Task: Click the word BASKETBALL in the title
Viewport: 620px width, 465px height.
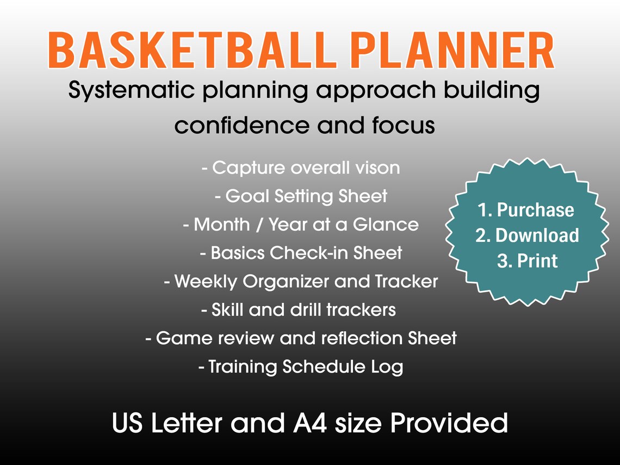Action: (x=188, y=51)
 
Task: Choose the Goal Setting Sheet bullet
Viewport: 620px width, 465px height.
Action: (x=301, y=196)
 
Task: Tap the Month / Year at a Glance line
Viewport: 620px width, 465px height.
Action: (x=301, y=224)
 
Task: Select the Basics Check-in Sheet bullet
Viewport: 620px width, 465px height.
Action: (x=301, y=253)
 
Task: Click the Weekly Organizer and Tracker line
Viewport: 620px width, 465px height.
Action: (x=301, y=281)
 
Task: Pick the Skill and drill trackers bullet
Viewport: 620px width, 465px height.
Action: (x=298, y=309)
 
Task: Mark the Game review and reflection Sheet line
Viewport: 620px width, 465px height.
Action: (x=301, y=338)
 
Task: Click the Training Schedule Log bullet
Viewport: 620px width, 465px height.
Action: (x=301, y=367)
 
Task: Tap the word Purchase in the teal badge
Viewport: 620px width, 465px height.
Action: (x=535, y=210)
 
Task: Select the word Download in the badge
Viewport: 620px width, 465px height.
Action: (x=537, y=235)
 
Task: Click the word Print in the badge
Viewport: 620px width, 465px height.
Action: (x=537, y=261)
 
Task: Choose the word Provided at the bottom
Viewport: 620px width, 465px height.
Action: (x=449, y=423)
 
